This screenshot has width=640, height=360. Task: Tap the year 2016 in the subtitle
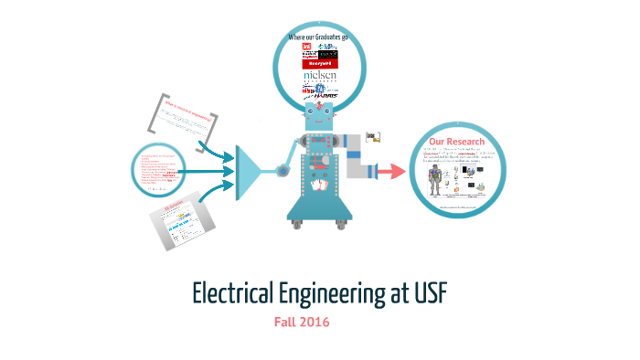point(314,322)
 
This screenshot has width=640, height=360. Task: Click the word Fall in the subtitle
point(285,322)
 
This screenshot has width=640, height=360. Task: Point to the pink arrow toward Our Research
point(392,171)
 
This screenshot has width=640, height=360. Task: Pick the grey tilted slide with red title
point(185,220)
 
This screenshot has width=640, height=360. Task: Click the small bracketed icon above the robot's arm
point(373,138)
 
